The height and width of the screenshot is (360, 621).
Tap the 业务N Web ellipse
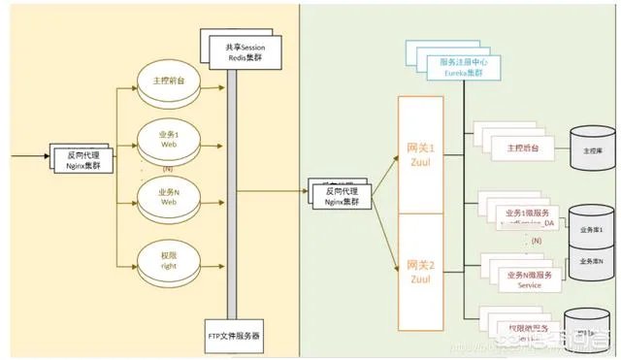coord(168,199)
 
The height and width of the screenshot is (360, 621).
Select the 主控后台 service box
coord(521,148)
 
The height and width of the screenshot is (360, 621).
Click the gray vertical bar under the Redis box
coord(230,194)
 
